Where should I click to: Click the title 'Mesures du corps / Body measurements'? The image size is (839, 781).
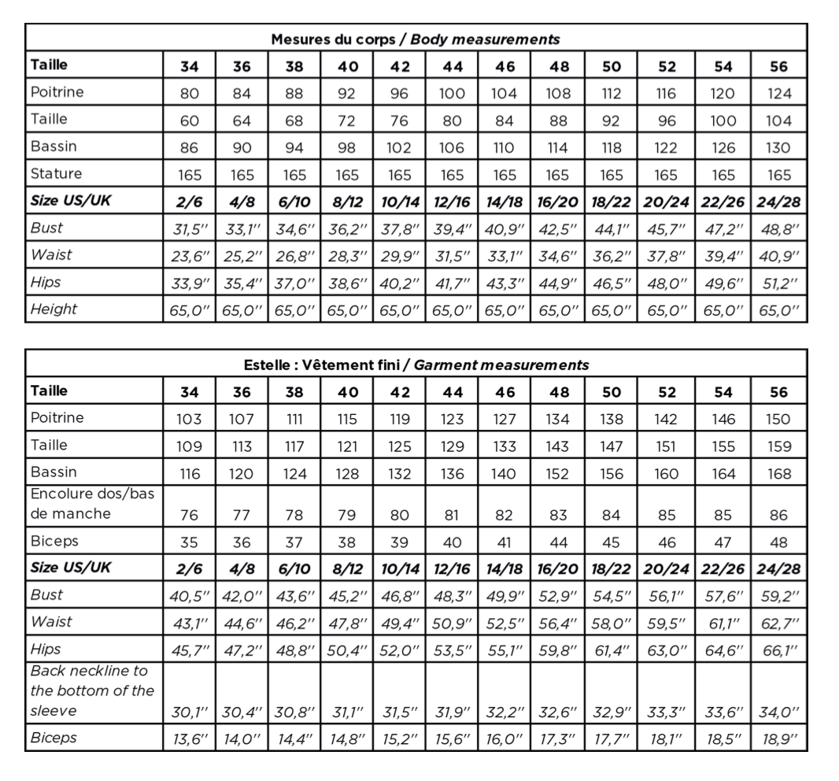pos(415,39)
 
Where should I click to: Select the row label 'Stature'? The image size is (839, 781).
pos(56,173)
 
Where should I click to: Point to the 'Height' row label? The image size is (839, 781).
pos(54,309)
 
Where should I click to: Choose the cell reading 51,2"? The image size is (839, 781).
pos(779,281)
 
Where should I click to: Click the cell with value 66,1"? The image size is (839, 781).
pos(779,650)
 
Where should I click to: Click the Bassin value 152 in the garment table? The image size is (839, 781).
pos(557,473)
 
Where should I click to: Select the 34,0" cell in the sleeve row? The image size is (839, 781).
pos(779,713)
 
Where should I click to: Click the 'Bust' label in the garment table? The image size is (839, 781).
pos(46,594)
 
